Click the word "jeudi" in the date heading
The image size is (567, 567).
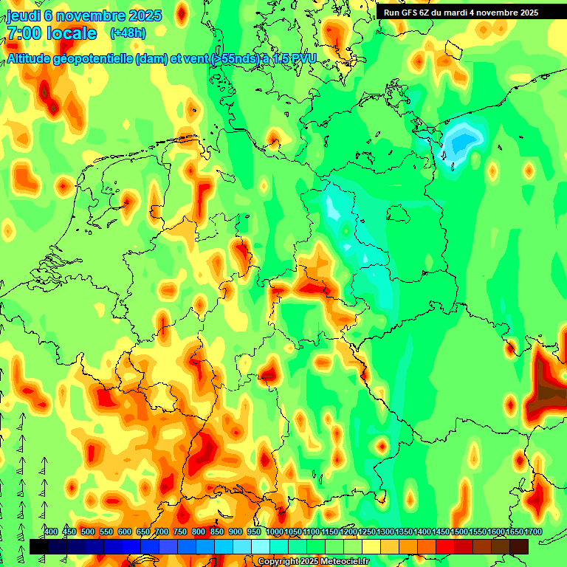23,15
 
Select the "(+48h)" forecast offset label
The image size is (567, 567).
128,33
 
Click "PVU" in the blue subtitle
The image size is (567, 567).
301,58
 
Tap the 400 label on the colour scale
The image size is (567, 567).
51,532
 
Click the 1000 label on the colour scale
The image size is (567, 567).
274,532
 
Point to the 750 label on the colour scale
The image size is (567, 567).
180,532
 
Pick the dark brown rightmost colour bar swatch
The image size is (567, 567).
519,546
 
